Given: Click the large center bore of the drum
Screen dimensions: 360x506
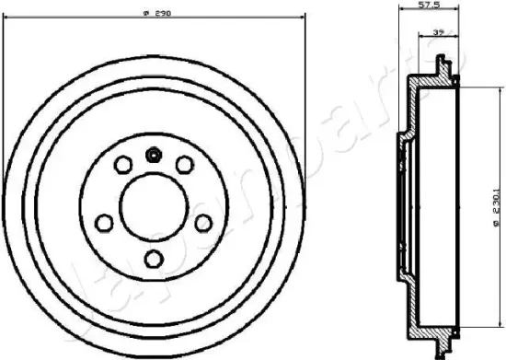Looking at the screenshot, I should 154,200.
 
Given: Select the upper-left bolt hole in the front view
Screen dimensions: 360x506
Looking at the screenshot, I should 121,165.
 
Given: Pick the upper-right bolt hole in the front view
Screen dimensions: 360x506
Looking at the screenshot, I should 185,165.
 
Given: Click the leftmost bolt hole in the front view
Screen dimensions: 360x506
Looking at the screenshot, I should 103,222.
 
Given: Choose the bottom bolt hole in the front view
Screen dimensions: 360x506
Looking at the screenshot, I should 154,258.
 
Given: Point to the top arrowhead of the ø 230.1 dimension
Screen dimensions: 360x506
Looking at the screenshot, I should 478,87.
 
